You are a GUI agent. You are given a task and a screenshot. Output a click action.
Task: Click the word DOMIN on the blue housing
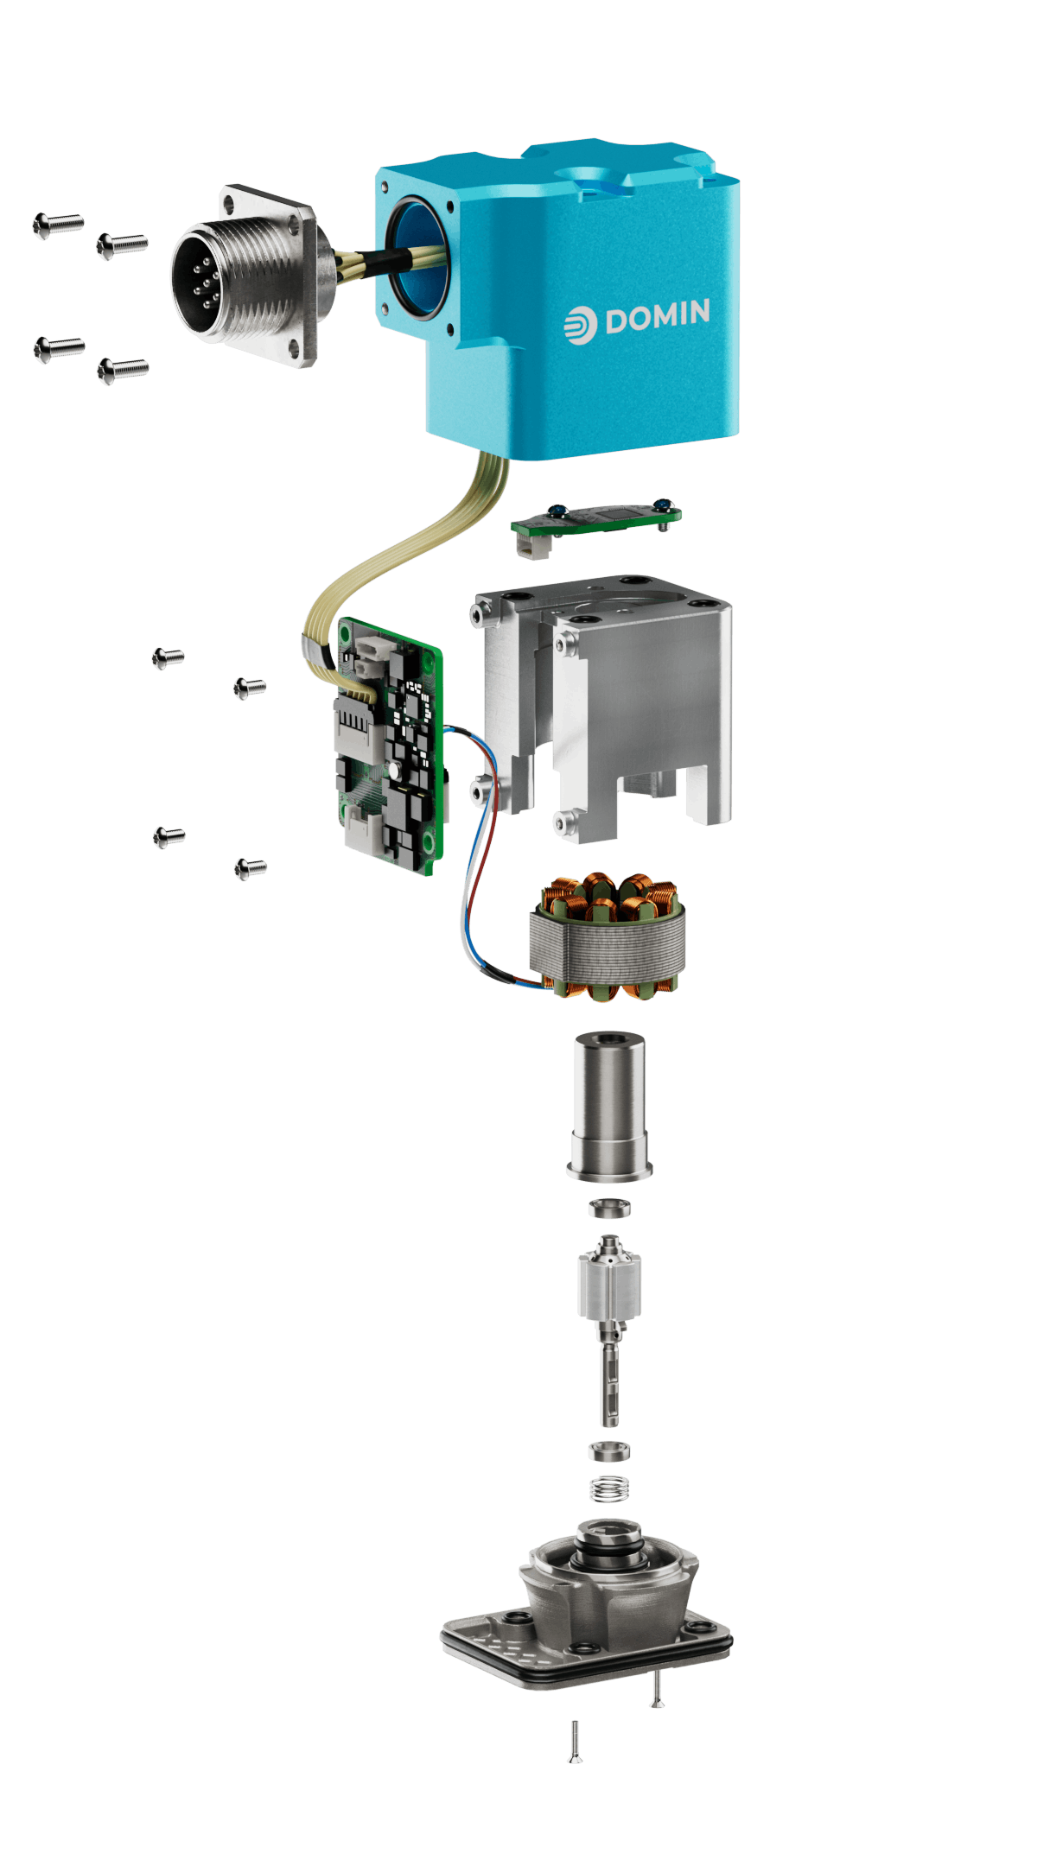[658, 317]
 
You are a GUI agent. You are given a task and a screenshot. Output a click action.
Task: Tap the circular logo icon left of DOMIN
[580, 324]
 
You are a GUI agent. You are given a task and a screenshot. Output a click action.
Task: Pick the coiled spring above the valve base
[609, 1488]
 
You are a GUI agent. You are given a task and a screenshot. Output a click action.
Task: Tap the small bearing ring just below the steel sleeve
[609, 1207]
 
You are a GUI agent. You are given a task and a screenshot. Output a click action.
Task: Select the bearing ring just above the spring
[609, 1451]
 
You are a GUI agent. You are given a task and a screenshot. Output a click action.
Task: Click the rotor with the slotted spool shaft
[610, 1296]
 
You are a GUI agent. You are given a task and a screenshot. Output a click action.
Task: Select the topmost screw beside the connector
[58, 224]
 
